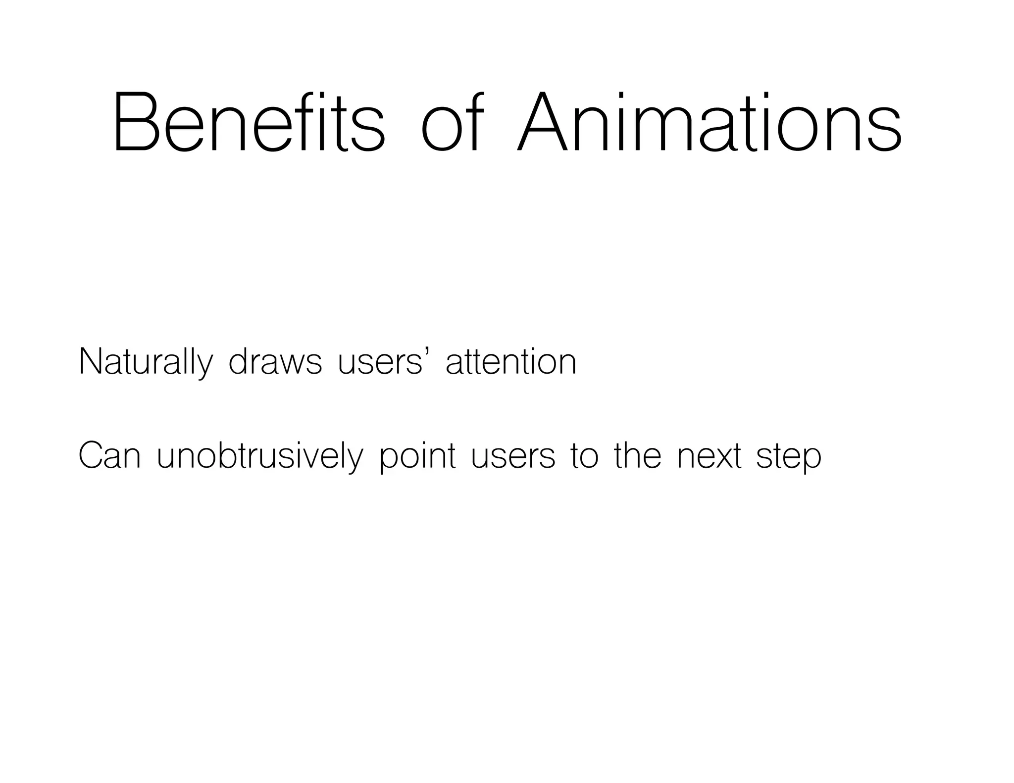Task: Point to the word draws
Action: coord(275,362)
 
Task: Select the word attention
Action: coord(511,362)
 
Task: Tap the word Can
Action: coord(109,456)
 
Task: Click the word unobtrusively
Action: coord(260,456)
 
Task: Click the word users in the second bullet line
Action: coord(513,456)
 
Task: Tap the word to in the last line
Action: coord(584,456)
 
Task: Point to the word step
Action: coord(789,456)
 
